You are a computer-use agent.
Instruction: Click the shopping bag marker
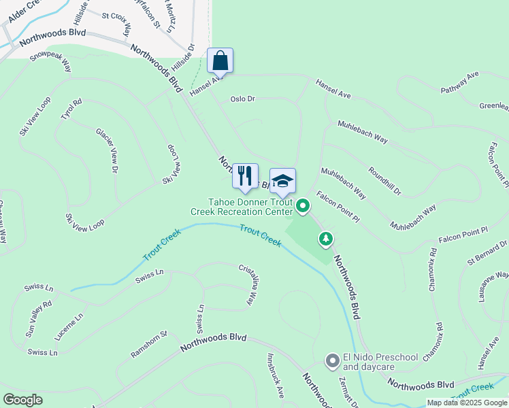220,61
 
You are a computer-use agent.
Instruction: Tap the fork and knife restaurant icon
245,175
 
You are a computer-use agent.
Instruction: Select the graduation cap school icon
282,181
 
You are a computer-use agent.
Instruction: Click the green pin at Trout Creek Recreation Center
303,204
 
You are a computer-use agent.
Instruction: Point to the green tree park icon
327,239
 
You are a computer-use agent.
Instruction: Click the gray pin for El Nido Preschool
332,360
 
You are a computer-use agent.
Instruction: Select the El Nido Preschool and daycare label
379,362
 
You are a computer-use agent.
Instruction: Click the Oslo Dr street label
242,99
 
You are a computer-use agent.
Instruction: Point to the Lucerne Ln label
70,326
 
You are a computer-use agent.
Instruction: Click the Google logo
22,400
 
